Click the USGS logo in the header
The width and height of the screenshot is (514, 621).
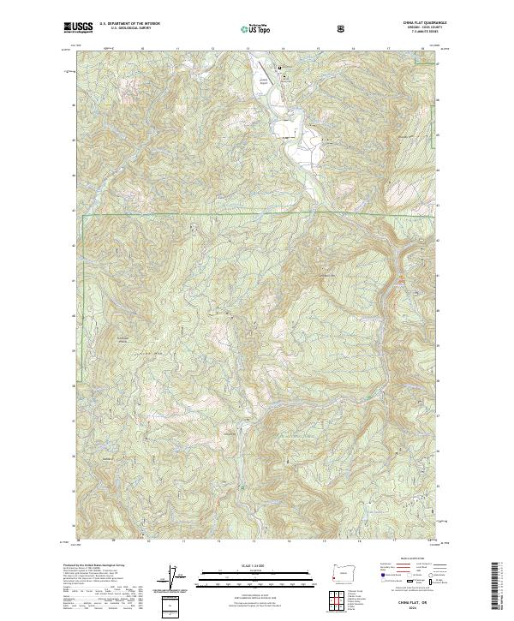[x=79, y=27]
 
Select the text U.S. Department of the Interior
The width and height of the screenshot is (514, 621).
[x=128, y=23]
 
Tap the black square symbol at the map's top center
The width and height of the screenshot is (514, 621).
[x=278, y=68]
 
